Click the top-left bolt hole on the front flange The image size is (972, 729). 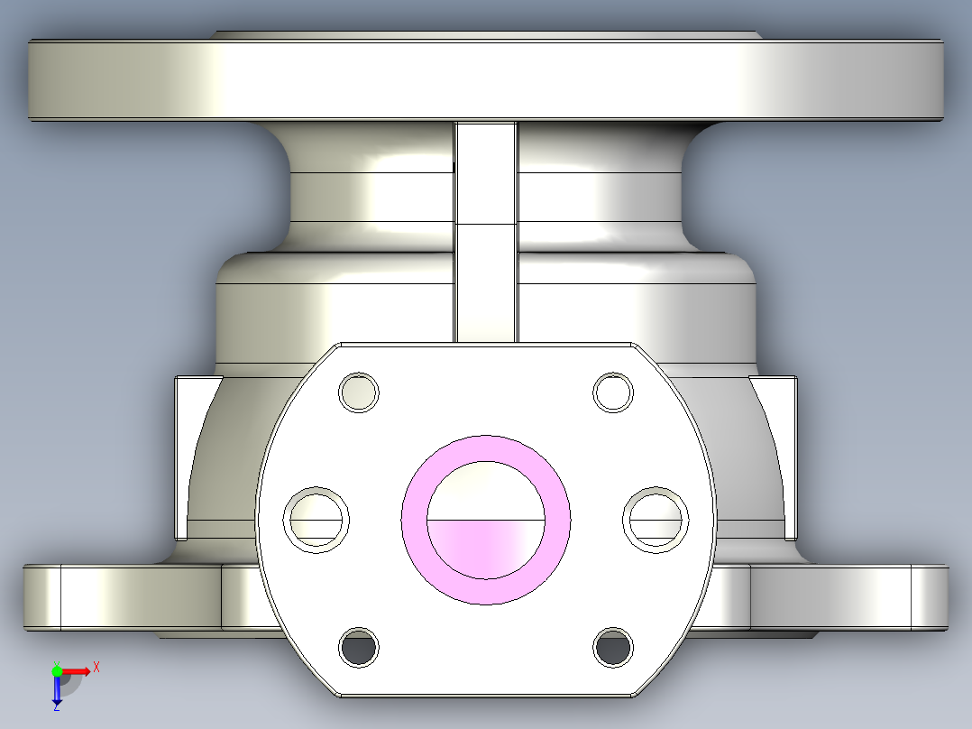click(x=358, y=392)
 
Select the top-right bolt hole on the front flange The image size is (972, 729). click(x=613, y=392)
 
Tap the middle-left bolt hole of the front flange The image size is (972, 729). click(x=316, y=519)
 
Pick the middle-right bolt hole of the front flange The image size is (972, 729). click(x=656, y=519)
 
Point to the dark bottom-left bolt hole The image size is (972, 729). click(x=358, y=647)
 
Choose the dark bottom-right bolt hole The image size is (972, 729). click(x=613, y=647)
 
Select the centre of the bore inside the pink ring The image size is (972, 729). click(x=486, y=521)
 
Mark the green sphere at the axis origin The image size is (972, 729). click(x=57, y=671)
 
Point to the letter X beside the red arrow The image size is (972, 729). click(x=96, y=667)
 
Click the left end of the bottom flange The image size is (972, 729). click(x=41, y=596)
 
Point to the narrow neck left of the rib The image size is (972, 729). click(x=370, y=194)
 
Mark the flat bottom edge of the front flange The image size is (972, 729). click(x=485, y=696)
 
